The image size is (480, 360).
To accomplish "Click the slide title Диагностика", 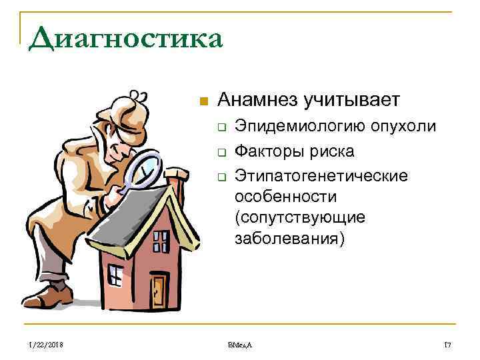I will coord(125,39).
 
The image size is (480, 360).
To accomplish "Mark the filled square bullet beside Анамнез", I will coord(204,101).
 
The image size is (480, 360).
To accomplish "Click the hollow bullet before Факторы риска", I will coord(221,153).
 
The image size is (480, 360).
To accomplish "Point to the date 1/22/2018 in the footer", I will coord(46,344).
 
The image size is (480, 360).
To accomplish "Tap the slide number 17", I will coord(447,344).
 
